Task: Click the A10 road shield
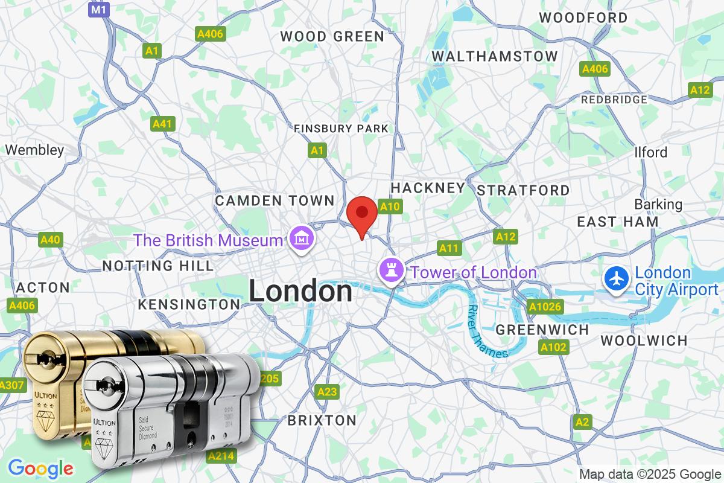pyautogui.click(x=390, y=207)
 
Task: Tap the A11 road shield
pyautogui.click(x=449, y=248)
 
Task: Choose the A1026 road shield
pyautogui.click(x=545, y=307)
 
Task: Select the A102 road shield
pyautogui.click(x=553, y=347)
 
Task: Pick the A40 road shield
pyautogui.click(x=50, y=240)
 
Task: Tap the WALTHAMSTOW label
pyautogui.click(x=495, y=56)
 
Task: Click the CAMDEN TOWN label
pyautogui.click(x=275, y=200)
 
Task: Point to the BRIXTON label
pyautogui.click(x=322, y=420)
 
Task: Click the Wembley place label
pyautogui.click(x=34, y=150)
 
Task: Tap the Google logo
pyautogui.click(x=40, y=468)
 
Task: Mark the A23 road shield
pyautogui.click(x=327, y=392)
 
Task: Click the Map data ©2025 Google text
pyautogui.click(x=650, y=474)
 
